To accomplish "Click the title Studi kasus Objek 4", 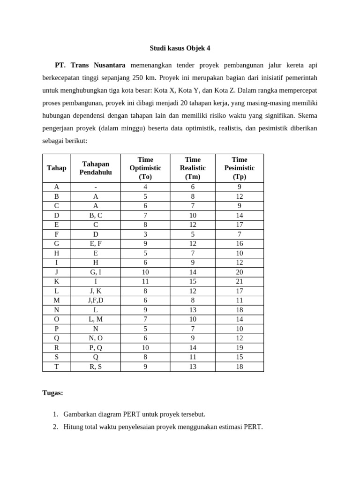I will click(180, 48).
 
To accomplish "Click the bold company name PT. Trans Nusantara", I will click(90, 65).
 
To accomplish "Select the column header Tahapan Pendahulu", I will click(96, 168).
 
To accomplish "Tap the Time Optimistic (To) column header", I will click(145, 168).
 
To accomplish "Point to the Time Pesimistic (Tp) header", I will click(239, 168).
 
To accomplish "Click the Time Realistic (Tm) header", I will click(192, 168).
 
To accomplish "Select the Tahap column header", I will click(57, 168).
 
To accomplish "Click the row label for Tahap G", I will click(57, 243).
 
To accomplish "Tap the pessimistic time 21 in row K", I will click(239, 281).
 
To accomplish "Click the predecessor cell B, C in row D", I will click(96, 215).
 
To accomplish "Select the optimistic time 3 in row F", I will click(145, 234).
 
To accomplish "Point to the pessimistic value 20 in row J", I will click(239, 272).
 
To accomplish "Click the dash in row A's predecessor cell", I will click(96, 187).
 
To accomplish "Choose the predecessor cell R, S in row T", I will click(96, 367).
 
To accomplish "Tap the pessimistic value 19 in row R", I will click(239, 348).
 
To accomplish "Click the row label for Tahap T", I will click(57, 367).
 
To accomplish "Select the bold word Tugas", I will click(52, 393).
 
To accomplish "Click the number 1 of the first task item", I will click(55, 414).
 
